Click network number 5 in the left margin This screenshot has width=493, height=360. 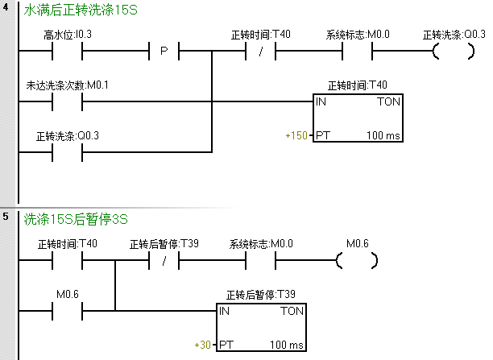6,217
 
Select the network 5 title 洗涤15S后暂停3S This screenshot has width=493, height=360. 76,218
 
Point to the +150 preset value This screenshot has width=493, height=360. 296,135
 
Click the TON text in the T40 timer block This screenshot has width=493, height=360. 387,103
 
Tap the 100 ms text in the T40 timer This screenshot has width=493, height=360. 383,135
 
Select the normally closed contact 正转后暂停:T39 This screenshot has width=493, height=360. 164,261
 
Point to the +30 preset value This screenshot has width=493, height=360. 202,345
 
